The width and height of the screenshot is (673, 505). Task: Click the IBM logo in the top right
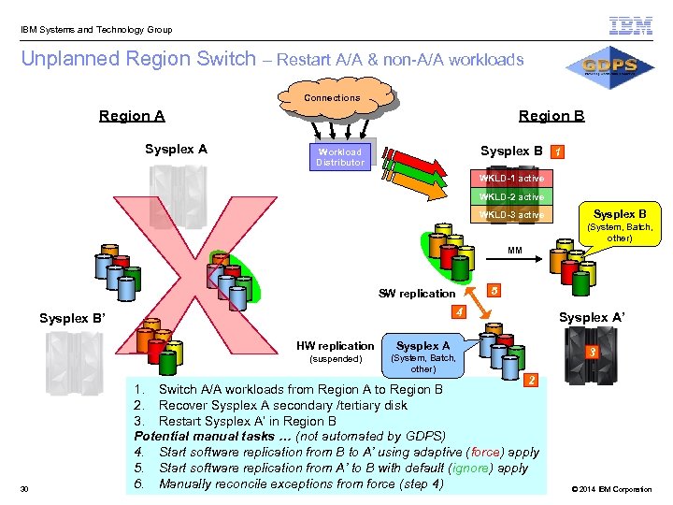point(630,26)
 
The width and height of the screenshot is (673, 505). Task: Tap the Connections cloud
point(332,98)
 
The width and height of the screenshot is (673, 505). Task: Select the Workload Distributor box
point(339,157)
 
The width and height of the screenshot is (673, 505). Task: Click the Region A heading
point(132,116)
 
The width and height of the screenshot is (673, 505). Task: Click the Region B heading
point(551,116)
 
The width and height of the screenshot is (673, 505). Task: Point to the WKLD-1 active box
point(511,178)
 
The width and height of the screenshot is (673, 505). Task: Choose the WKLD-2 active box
point(511,196)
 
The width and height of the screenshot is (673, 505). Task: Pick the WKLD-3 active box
point(511,215)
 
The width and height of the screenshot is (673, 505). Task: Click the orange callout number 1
point(557,151)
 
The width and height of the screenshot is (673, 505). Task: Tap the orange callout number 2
point(532,381)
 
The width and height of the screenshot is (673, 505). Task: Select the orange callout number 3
point(592,353)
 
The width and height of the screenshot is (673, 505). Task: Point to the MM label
point(515,251)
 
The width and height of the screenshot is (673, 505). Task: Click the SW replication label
point(417,294)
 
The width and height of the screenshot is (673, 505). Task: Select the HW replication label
point(335,346)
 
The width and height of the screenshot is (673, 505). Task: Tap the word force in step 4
point(485,452)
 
